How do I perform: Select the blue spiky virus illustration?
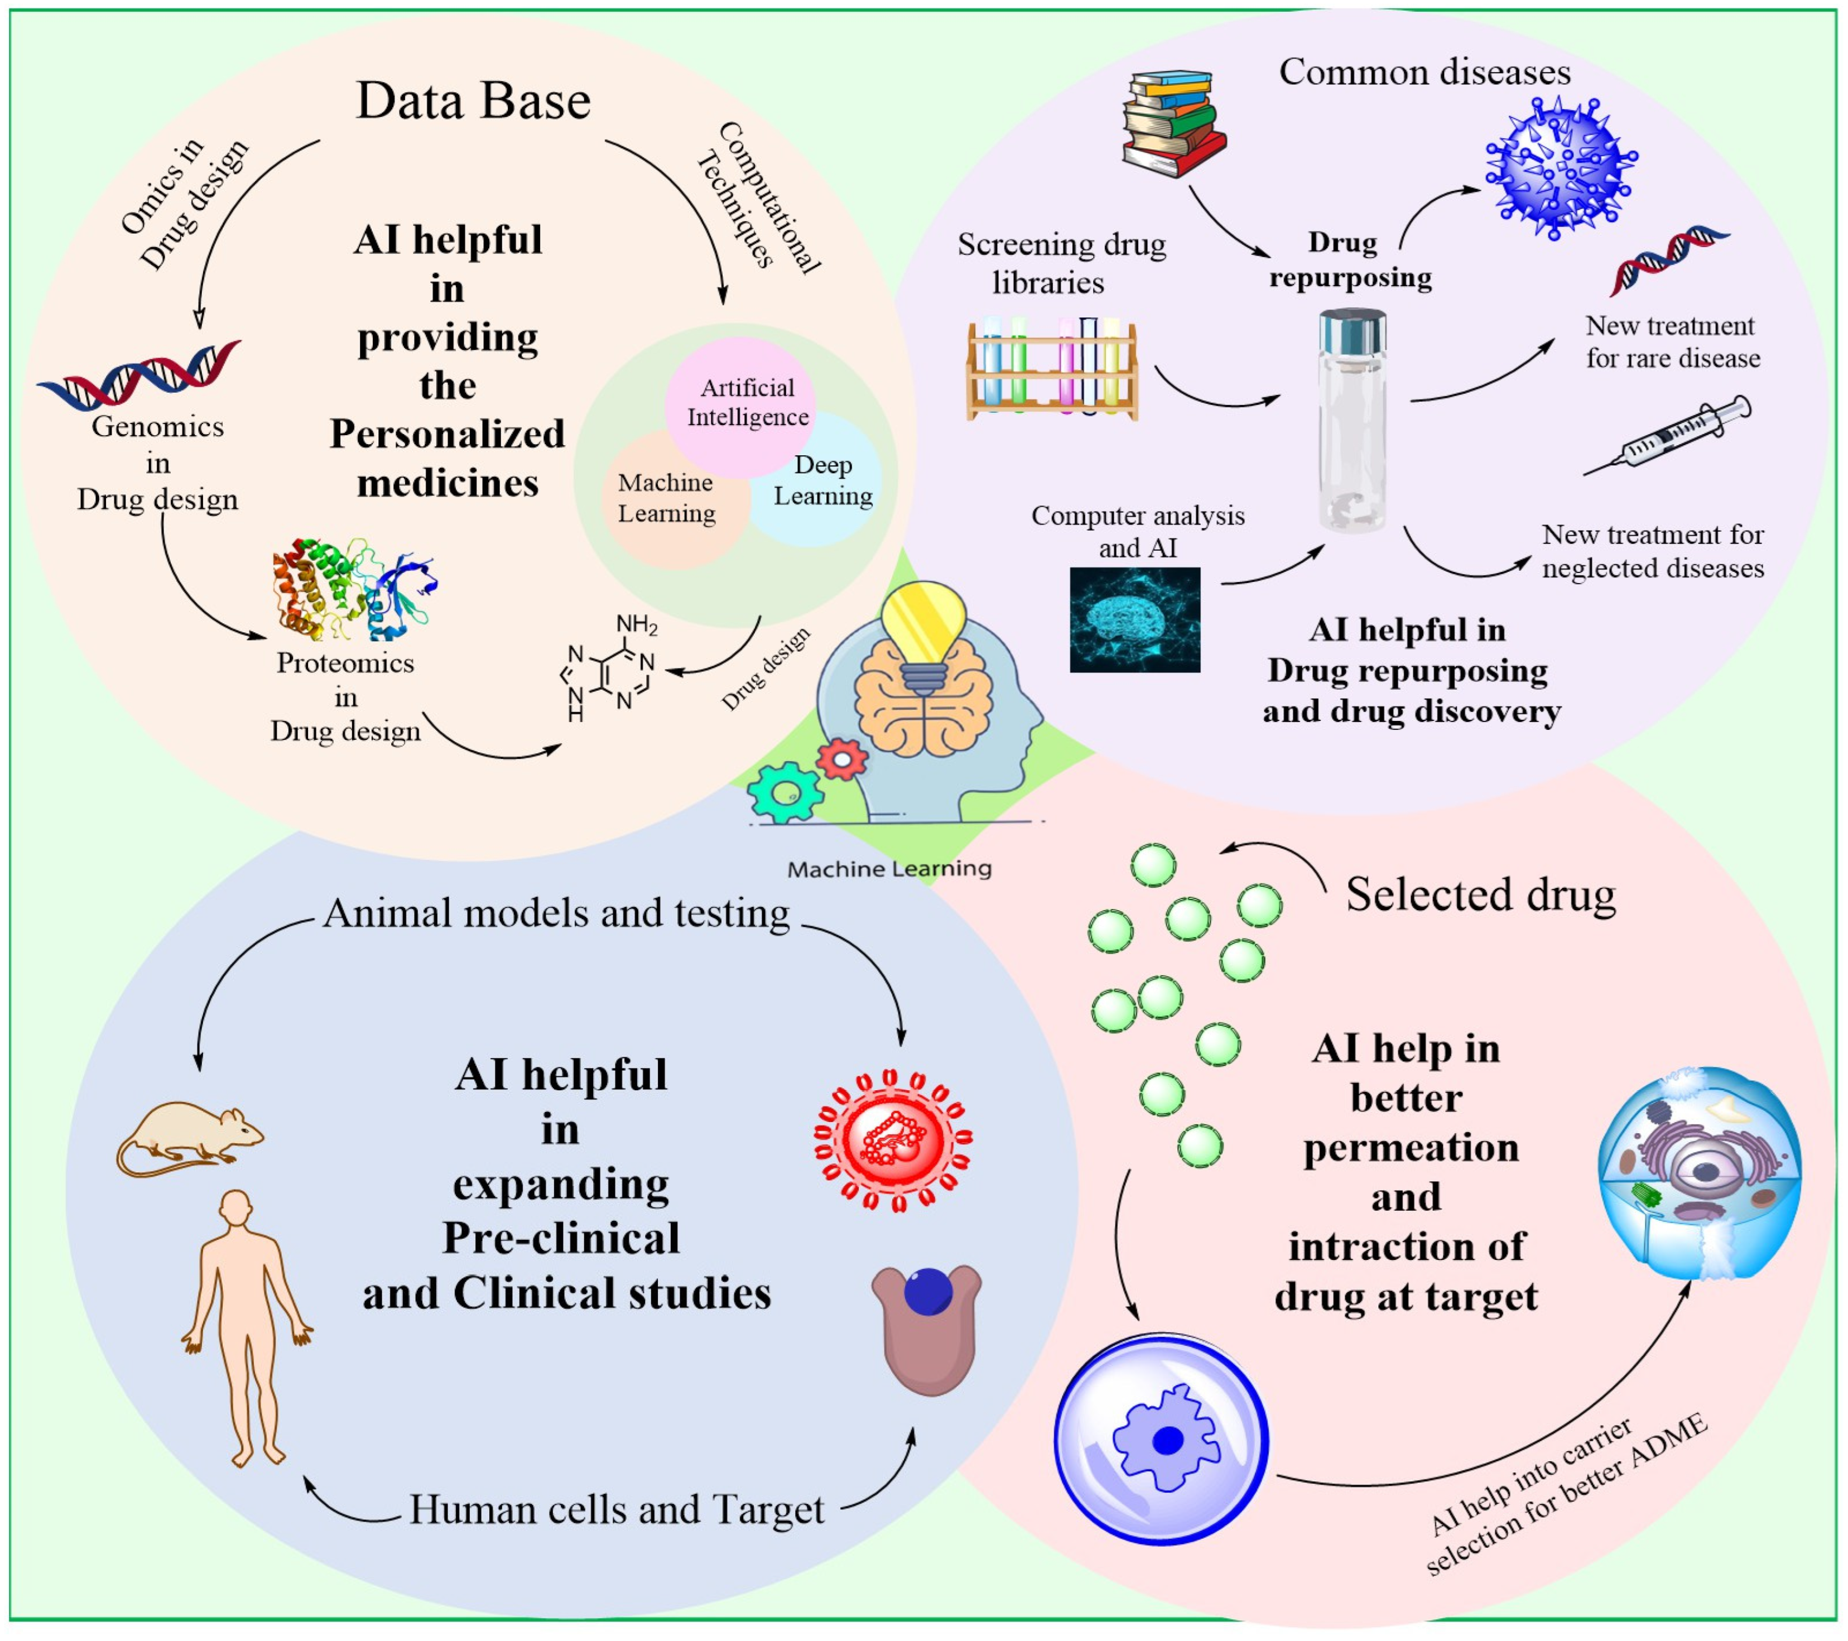coord(1560,169)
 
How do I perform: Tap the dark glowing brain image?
coord(1135,620)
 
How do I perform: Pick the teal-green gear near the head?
coord(785,793)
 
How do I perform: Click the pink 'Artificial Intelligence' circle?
coord(739,398)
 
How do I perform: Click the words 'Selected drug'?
coord(1480,894)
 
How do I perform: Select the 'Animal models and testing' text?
coord(556,913)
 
